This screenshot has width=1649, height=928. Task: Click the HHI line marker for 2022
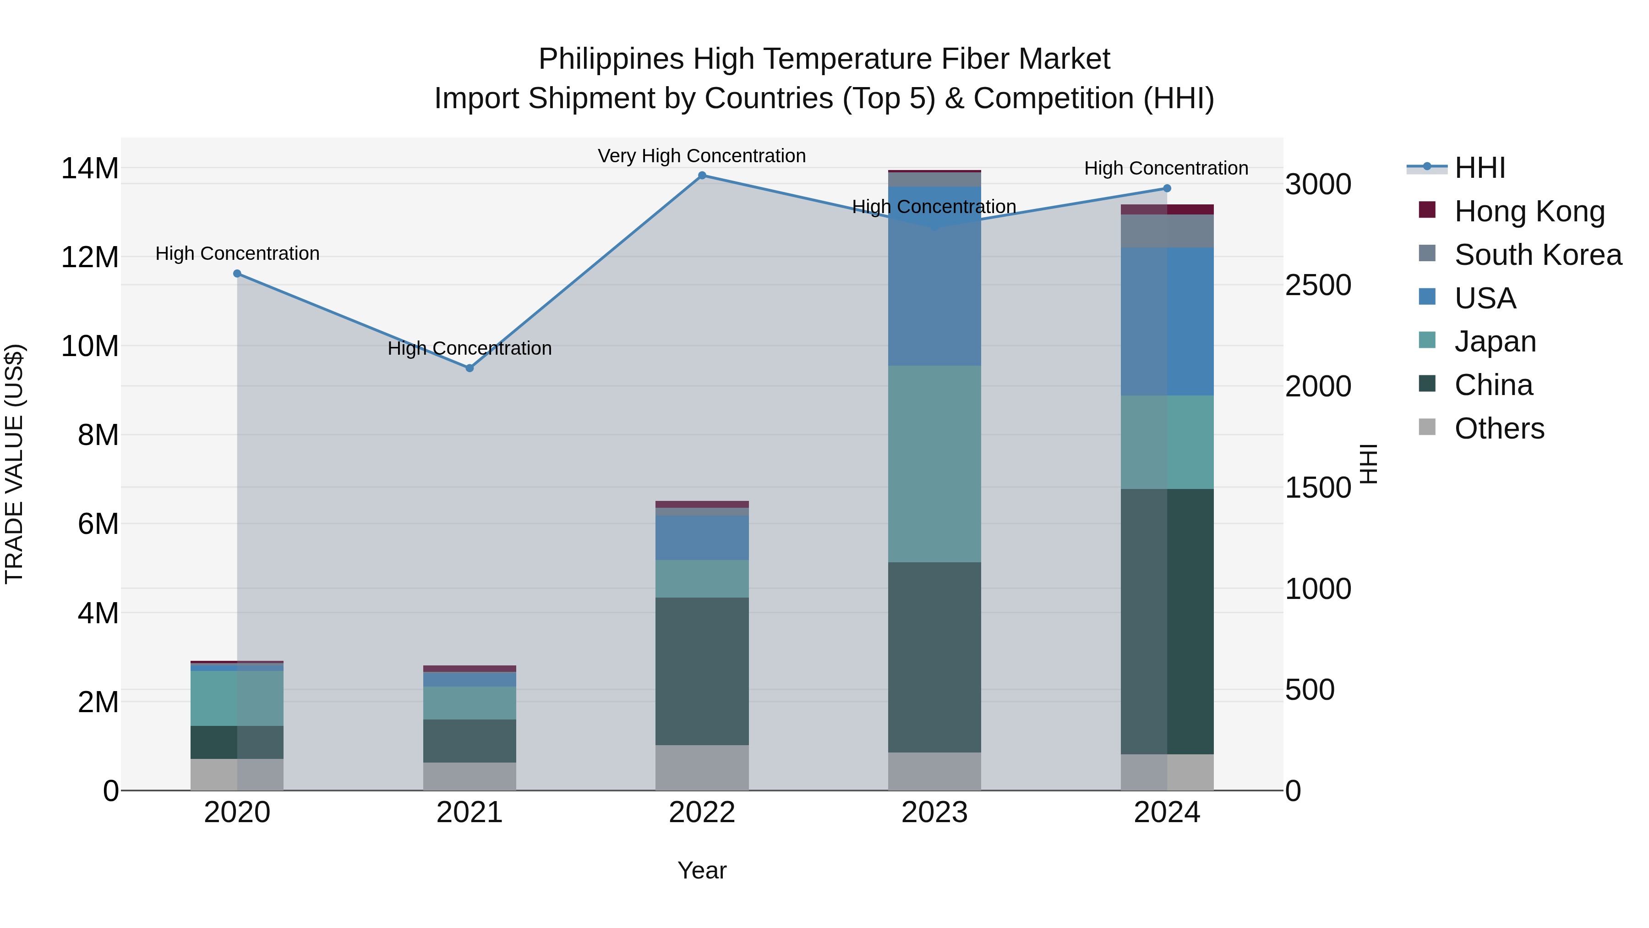[x=702, y=176]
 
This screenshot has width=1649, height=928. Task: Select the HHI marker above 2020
[x=237, y=274]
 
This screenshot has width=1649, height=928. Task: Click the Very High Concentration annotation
[x=702, y=156]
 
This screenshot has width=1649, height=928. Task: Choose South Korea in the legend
[x=1538, y=255]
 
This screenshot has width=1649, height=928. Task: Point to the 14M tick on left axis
[x=90, y=169]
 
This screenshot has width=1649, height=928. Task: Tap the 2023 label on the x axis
[x=934, y=813]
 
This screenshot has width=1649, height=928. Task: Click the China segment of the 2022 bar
[x=702, y=671]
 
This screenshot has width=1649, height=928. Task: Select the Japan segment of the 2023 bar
[x=934, y=464]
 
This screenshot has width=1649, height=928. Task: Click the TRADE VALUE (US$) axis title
[x=14, y=464]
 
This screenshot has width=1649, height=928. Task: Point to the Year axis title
[x=702, y=870]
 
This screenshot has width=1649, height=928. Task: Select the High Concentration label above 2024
[x=1166, y=169]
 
